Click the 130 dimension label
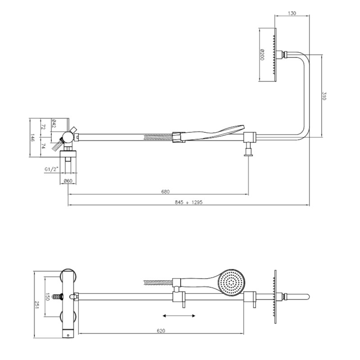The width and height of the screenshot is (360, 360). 292,13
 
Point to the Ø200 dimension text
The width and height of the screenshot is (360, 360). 262,54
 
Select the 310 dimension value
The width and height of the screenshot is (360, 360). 324,96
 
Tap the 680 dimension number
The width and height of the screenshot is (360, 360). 165,192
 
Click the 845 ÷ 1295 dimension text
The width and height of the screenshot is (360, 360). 189,202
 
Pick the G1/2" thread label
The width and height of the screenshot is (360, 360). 52,170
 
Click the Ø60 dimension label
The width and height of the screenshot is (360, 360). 68,181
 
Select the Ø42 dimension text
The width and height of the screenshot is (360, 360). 54,123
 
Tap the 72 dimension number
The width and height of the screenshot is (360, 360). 43,127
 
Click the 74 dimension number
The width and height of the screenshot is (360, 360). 43,146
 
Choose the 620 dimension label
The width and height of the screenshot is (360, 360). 161,331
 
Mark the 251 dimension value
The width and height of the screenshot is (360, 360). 36,305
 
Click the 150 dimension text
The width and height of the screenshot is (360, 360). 47,297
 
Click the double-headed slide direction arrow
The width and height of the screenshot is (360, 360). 179,316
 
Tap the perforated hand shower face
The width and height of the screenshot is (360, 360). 231,283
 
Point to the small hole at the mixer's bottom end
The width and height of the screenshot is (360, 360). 68,335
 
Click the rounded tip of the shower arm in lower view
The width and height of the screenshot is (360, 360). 308,297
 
